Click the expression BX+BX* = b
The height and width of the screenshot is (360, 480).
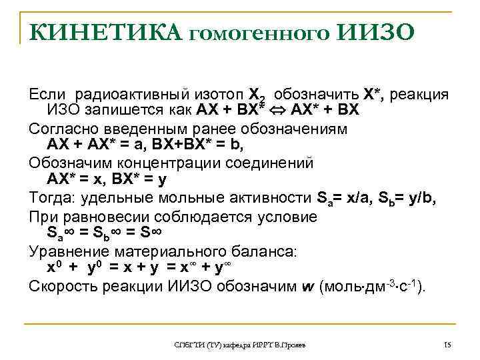205,143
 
